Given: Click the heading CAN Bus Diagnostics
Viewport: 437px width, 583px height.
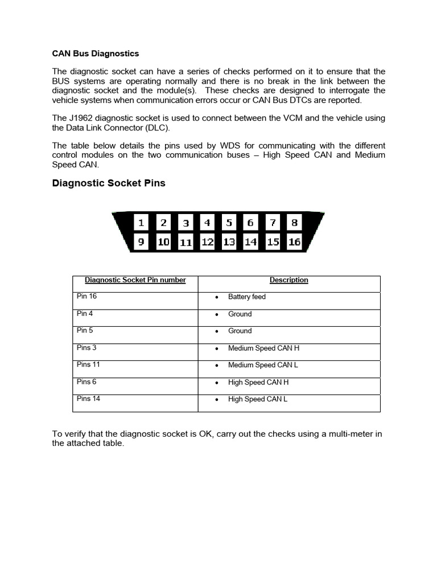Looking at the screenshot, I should click(x=95, y=54).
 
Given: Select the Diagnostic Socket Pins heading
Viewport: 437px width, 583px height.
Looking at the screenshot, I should click(x=109, y=183).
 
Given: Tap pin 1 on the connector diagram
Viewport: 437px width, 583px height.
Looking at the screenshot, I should click(x=141, y=223).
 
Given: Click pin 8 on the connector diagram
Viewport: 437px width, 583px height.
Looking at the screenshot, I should click(x=294, y=223).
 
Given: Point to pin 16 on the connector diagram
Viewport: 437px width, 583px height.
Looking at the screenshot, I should click(x=294, y=242).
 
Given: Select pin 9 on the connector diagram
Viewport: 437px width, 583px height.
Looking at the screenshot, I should click(x=141, y=242).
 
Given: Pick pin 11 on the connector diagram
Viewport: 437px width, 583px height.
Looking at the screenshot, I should click(x=185, y=243).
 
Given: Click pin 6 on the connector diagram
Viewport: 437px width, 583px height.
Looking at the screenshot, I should click(x=250, y=223).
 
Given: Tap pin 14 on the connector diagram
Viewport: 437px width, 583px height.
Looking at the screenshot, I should click(x=250, y=242).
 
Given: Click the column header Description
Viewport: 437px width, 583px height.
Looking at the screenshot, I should click(x=288, y=280).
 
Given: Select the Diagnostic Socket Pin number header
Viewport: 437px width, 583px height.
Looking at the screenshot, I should click(x=135, y=280).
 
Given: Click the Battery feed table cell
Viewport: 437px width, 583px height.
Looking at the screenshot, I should click(x=246, y=297).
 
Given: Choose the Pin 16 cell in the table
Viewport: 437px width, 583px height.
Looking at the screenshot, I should click(x=86, y=296).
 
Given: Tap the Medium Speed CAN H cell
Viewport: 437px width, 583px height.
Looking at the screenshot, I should click(x=263, y=348).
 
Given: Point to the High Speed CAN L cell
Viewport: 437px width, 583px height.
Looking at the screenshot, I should click(x=257, y=399).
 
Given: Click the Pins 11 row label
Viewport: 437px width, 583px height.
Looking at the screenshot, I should click(x=88, y=364).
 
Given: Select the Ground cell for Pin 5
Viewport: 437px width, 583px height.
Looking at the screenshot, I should click(x=240, y=331).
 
